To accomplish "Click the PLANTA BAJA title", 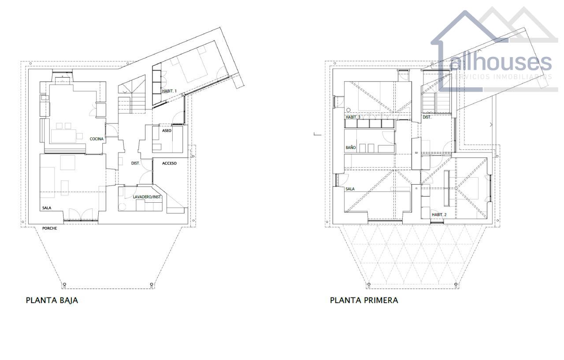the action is coord(52,301).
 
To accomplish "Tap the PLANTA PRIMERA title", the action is coord(364,301).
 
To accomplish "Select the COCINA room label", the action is coord(96,139).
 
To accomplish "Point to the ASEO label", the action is coord(167,131).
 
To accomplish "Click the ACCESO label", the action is coord(169,163).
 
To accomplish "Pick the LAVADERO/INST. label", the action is coord(147,197).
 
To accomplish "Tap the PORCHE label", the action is coord(50,228).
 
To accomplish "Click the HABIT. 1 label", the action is coord(169,91).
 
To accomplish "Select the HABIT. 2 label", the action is coord(439,215).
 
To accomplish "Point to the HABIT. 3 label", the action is coord(353,117).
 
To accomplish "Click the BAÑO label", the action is coord(350,148).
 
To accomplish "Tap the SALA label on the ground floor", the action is coord(47,208).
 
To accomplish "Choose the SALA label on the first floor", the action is coord(350,189).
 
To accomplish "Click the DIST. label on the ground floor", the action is coord(135,163).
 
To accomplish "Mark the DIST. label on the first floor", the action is coord(427,117).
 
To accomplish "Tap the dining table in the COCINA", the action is coord(63,136).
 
